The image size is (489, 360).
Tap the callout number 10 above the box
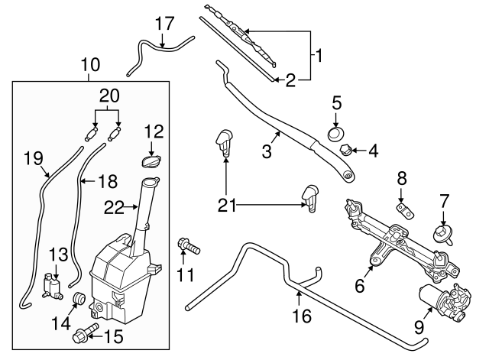[91, 66]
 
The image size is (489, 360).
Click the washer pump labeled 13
[53, 286]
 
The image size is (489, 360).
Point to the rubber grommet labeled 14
[76, 297]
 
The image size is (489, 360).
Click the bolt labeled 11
[189, 246]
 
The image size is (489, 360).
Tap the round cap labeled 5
[334, 134]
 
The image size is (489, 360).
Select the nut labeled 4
[346, 150]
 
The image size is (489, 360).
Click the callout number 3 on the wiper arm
[266, 151]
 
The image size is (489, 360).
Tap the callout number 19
[31, 159]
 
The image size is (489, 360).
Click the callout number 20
[109, 95]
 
